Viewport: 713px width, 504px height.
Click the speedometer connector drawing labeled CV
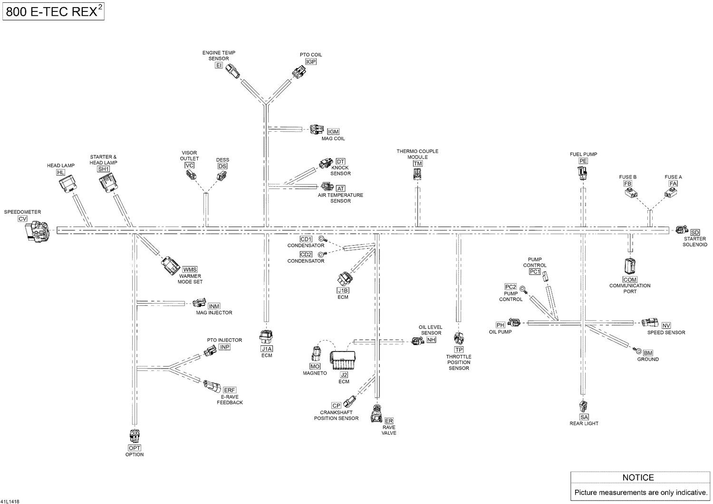[38, 232]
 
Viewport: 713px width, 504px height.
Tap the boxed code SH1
[104, 169]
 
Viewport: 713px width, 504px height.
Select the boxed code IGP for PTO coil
[311, 61]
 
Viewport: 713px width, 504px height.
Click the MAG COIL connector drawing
[317, 130]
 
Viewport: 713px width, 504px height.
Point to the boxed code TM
[418, 163]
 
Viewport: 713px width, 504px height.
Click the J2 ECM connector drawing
[343, 360]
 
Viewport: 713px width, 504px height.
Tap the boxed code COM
[630, 280]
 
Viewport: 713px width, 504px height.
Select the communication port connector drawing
[630, 266]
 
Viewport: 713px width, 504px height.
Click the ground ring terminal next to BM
[638, 350]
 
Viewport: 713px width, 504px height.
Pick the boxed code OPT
[135, 448]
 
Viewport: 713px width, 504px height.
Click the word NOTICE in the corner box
[638, 477]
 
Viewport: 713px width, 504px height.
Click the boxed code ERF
[229, 390]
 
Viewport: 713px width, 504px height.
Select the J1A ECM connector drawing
[266, 337]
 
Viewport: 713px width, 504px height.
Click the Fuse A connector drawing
[670, 193]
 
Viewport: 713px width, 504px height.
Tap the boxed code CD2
[306, 255]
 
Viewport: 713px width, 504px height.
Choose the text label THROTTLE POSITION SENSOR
[459, 362]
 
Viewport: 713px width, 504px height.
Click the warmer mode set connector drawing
[171, 266]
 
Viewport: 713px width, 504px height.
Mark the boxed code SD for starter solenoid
[695, 232]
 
